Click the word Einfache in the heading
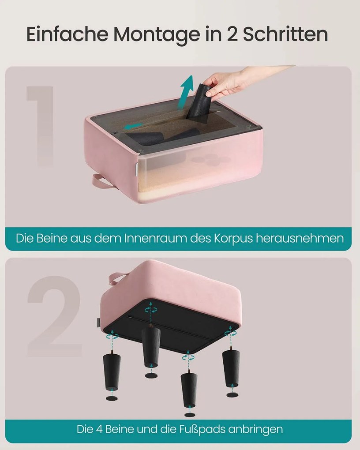click(x=67, y=34)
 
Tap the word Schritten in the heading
click(x=285, y=34)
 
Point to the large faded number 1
click(x=41, y=126)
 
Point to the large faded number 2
click(x=55, y=316)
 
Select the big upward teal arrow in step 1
click(x=187, y=92)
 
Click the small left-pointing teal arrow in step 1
click(x=134, y=126)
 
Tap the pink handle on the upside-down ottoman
click(x=118, y=278)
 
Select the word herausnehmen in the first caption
click(x=300, y=238)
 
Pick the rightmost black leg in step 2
click(x=231, y=367)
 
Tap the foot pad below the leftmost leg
click(x=112, y=398)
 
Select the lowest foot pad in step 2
click(x=190, y=415)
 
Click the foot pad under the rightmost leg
click(x=232, y=395)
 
